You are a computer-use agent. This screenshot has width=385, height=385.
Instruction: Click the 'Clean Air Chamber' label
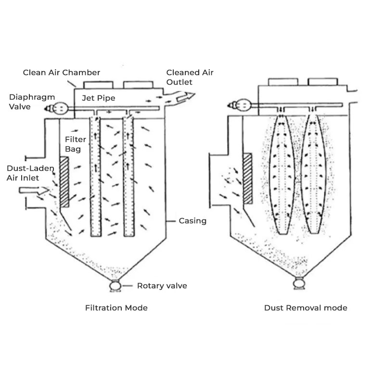pos(62,73)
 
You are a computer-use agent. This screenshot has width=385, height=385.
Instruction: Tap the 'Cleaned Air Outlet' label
pos(190,77)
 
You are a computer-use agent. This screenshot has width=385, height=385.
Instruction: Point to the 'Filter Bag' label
pos(75,144)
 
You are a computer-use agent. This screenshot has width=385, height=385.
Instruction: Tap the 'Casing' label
pos(192,221)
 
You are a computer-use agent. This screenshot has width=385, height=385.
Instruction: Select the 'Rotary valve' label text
pos(162,286)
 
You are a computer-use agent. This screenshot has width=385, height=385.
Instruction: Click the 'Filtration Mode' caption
pos(116,308)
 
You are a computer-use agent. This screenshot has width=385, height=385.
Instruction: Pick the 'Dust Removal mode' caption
pos(306,308)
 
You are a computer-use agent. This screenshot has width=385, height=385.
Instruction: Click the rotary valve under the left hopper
pos(115,286)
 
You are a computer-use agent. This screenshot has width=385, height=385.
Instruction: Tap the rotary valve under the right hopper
pos(298,284)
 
